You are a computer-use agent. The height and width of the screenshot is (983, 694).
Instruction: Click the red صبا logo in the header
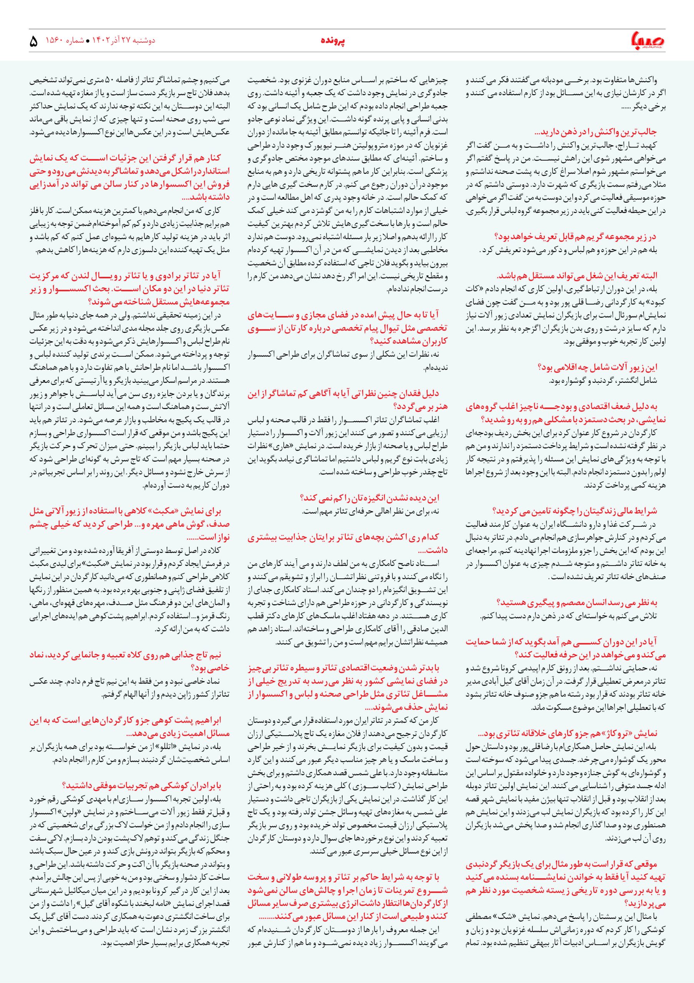[646, 41]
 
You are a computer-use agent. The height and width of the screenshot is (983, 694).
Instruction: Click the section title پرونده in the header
[333, 41]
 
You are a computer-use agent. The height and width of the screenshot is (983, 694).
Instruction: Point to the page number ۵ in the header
[33, 42]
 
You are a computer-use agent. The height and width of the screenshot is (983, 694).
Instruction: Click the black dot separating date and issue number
[88, 41]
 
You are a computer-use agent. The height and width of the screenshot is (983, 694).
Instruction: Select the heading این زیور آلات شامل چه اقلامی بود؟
[597, 367]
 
